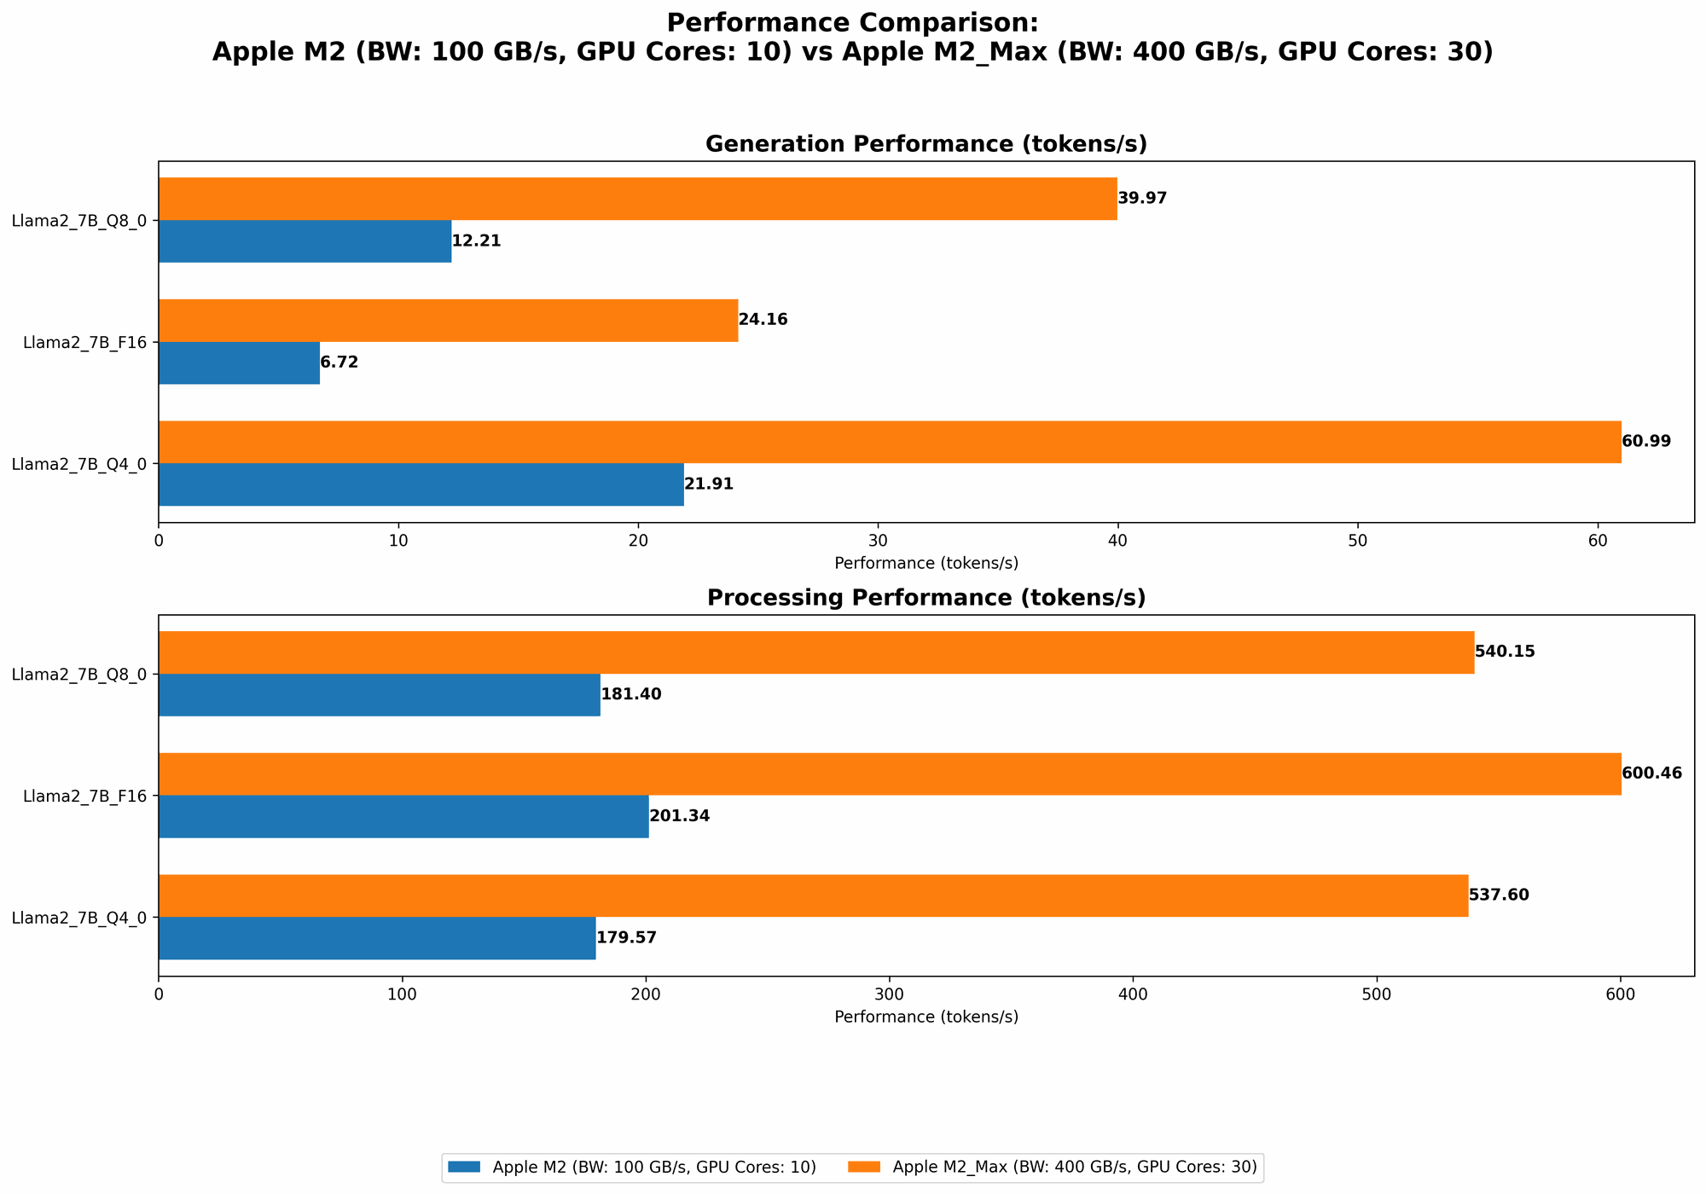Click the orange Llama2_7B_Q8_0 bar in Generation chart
point(637,199)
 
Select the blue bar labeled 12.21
point(305,241)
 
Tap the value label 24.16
point(763,320)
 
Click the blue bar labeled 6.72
point(239,363)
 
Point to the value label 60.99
point(1646,442)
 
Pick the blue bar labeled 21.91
point(421,484)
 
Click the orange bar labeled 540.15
point(815,652)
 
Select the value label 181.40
point(631,695)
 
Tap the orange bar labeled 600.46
point(889,774)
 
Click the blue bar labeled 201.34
point(403,817)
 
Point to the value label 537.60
point(1499,895)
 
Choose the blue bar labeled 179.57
point(377,938)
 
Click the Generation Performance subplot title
point(926,144)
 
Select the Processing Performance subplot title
point(926,598)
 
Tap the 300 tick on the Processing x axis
point(890,994)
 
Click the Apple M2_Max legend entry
point(1074,1168)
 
